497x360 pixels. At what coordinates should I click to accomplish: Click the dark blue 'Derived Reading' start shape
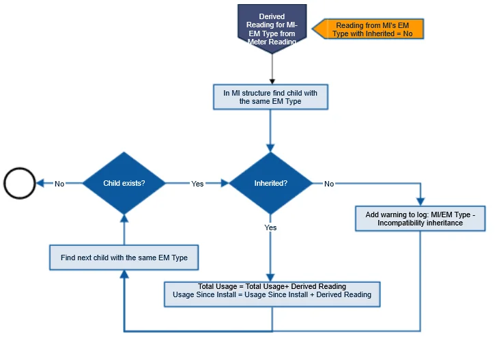(272, 27)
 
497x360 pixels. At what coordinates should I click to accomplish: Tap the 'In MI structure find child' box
(270, 97)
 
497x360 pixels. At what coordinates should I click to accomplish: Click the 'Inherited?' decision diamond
(270, 183)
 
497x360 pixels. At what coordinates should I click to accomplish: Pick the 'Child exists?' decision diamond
(124, 183)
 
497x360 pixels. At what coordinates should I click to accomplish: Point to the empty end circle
(19, 183)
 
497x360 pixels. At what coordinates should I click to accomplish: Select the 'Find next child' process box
(124, 258)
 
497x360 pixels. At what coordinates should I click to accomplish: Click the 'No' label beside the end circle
(59, 183)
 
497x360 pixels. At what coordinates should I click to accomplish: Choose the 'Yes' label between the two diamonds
(197, 183)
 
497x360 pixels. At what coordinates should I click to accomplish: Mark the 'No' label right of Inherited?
(329, 183)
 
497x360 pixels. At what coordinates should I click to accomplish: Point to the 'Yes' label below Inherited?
(270, 227)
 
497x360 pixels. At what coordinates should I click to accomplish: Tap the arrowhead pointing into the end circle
(40, 183)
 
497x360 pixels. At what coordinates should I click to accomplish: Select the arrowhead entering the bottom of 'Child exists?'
(124, 217)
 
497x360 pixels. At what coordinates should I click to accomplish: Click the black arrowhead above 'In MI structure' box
(272, 79)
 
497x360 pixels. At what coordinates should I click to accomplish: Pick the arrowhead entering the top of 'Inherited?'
(270, 146)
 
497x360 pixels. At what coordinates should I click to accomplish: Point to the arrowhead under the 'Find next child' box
(124, 274)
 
